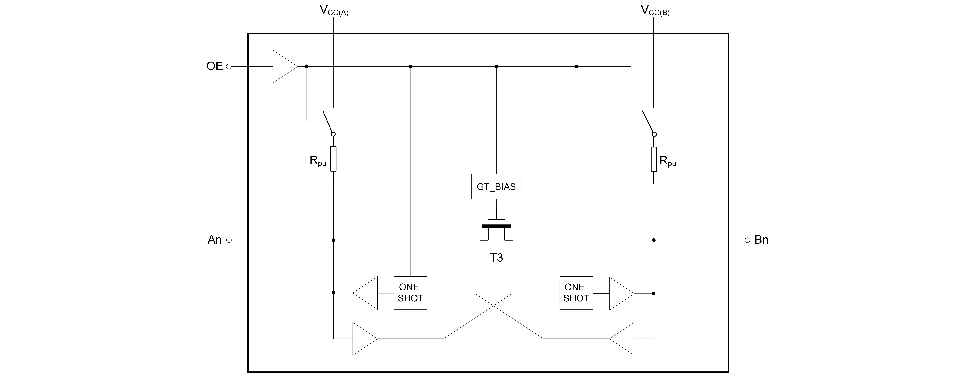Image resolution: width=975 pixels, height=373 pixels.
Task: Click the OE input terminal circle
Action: (229, 67)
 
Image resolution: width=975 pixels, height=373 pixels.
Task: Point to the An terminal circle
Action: (229, 240)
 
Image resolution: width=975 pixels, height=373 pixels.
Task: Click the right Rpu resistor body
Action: (654, 159)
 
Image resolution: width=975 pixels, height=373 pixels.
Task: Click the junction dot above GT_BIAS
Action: (496, 66)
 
